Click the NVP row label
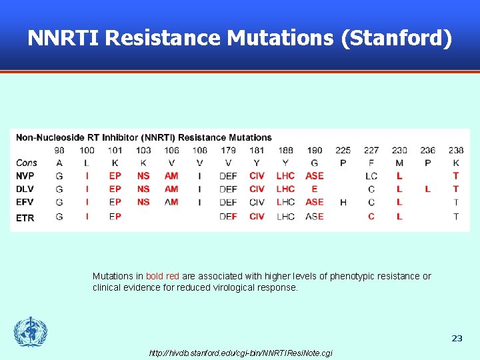tap(26, 176)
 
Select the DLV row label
tap(26, 189)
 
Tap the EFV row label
tap(26, 202)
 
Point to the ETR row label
tap(25, 217)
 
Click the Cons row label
tap(27, 163)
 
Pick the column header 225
tap(343, 150)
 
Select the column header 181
tap(257, 150)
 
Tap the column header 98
tap(59, 150)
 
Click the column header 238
tap(456, 150)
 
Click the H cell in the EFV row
tap(343, 202)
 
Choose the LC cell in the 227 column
tap(371, 176)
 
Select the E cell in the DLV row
tap(315, 189)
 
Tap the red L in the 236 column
tap(427, 189)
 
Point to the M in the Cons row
tap(399, 163)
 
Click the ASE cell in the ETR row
tap(315, 217)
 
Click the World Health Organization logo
tap(31, 332)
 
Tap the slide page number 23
tap(457, 339)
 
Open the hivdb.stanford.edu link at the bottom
tap(241, 353)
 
